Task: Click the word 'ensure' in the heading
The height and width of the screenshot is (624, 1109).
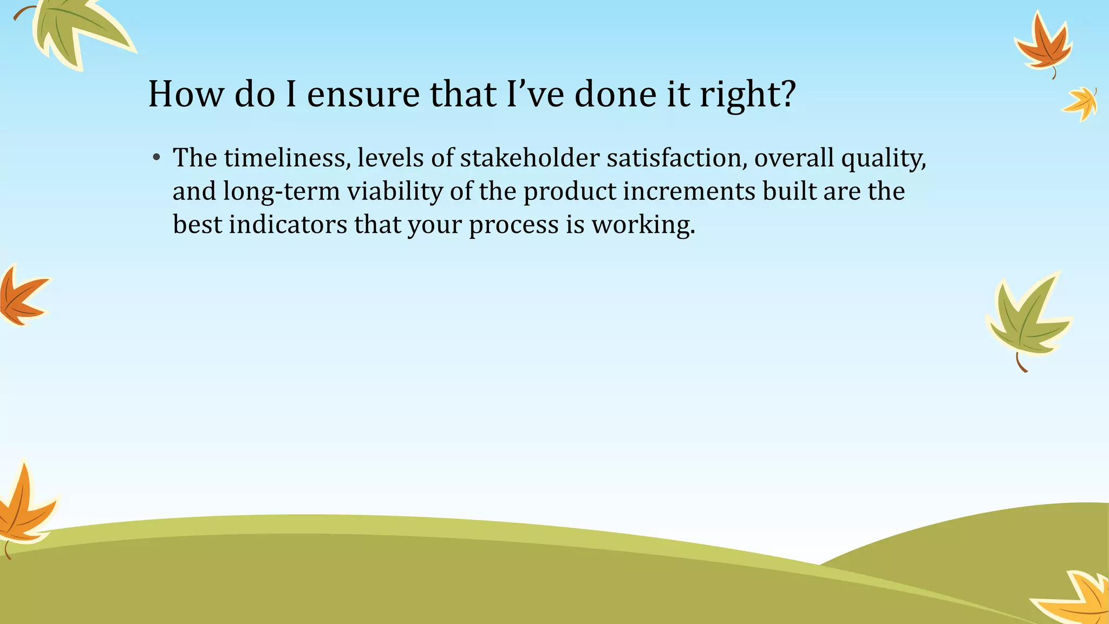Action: [363, 94]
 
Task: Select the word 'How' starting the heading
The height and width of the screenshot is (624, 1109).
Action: [185, 94]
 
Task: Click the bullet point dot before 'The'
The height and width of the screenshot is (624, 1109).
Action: [156, 158]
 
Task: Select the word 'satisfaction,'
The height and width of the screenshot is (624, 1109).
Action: [676, 158]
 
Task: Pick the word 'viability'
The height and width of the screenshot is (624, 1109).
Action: [394, 192]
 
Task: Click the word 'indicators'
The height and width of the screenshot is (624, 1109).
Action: [288, 225]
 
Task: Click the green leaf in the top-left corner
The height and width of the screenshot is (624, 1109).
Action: [76, 30]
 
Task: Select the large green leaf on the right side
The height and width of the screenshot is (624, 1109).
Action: [1026, 317]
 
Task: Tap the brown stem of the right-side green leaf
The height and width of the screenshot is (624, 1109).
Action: [1020, 363]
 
